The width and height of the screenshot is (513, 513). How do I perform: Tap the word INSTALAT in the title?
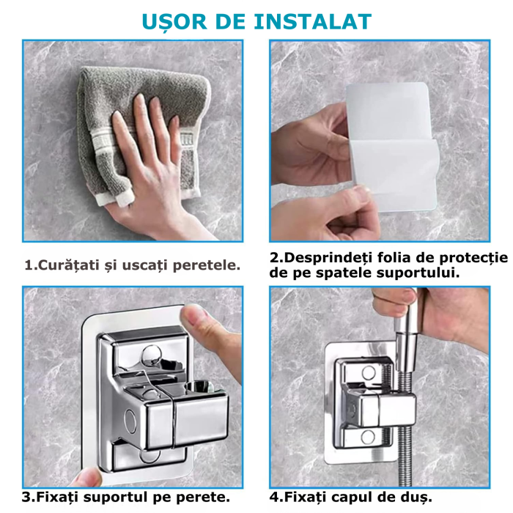click(x=312, y=20)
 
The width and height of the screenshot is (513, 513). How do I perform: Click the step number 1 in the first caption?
click(x=29, y=265)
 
